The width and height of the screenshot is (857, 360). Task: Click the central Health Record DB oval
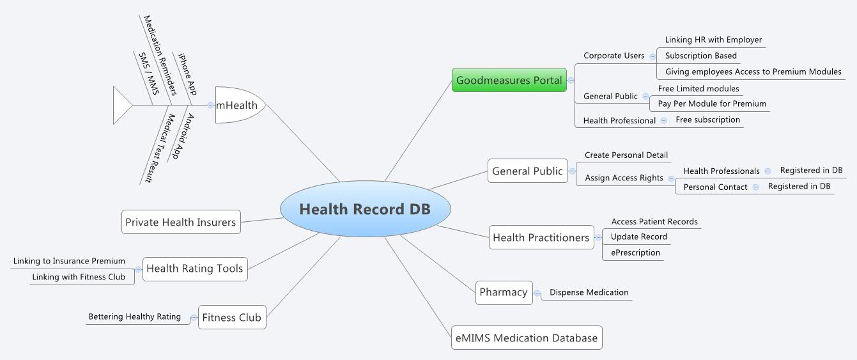(365, 209)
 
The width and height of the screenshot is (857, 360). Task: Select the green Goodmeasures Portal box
(509, 81)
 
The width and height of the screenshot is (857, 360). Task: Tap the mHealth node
(237, 106)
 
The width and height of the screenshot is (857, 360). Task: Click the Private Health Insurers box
(181, 222)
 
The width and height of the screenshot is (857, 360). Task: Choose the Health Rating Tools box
(194, 269)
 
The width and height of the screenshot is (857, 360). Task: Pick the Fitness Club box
(231, 317)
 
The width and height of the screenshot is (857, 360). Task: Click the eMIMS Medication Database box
(527, 338)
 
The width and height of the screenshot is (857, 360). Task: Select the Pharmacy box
(504, 292)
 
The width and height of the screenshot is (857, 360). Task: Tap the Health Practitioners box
(541, 237)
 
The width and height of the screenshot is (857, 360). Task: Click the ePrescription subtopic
(635, 253)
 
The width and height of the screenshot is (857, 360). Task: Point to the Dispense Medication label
(589, 292)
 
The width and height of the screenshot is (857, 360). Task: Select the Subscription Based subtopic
(700, 56)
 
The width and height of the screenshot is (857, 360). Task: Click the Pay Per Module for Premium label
(711, 104)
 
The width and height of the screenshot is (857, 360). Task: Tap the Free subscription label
(707, 120)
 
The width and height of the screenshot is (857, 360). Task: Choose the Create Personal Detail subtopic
(626, 155)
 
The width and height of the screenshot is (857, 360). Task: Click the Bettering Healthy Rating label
(134, 317)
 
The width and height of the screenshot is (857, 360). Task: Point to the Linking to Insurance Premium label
(69, 261)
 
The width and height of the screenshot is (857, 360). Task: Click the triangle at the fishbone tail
(121, 105)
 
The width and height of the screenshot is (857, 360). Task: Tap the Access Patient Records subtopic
(654, 221)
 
